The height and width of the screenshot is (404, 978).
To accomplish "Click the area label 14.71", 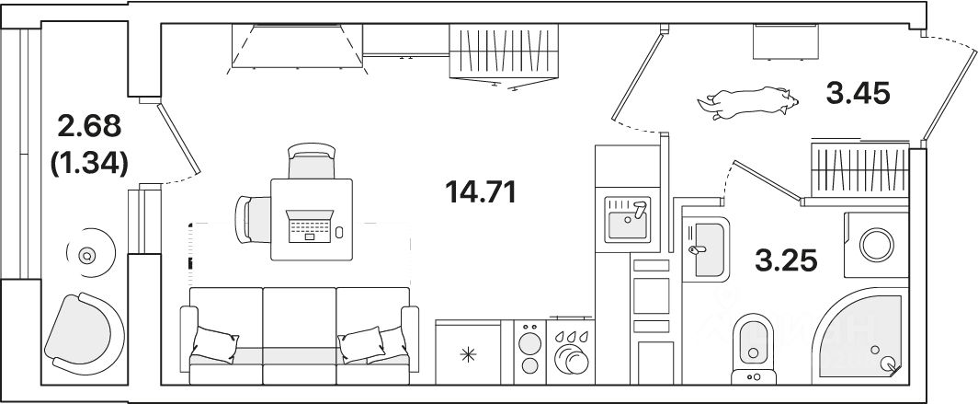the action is coord(481,192).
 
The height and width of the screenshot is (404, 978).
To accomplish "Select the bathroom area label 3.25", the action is coord(787,260).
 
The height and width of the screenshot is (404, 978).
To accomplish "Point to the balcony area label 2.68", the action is coord(89,126).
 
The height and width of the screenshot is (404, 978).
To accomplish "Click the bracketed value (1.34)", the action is coord(88,163).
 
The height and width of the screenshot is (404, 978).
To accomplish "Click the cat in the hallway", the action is coord(746,101).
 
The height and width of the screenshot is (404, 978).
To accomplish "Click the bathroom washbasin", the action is coord(705,247).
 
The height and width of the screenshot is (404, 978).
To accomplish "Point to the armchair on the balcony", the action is coord(84,329).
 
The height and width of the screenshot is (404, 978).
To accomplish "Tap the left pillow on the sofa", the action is coord(217,344).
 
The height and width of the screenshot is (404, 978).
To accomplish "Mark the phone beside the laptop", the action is coord(339,231).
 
